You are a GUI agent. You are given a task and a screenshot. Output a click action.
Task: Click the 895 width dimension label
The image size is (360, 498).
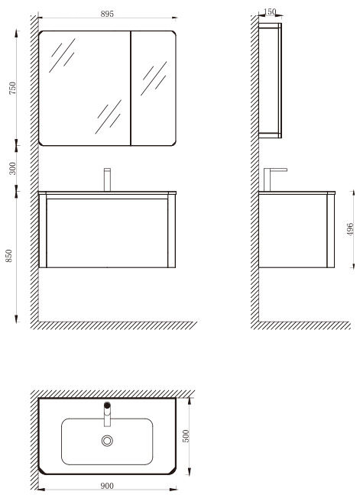click(x=107, y=14)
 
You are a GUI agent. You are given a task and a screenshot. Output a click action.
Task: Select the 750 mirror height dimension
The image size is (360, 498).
click(x=12, y=88)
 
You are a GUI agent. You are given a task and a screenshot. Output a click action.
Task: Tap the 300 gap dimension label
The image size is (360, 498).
click(x=12, y=168)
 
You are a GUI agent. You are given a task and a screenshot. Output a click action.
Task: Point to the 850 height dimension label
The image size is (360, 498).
click(x=9, y=256)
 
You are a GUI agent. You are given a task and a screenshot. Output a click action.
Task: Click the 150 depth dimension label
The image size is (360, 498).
click(x=270, y=11)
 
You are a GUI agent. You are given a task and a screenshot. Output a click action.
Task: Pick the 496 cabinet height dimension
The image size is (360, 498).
click(x=350, y=229)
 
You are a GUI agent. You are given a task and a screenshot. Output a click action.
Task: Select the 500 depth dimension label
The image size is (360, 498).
click(x=186, y=436)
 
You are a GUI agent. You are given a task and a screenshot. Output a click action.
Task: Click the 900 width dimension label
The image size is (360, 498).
click(x=107, y=486)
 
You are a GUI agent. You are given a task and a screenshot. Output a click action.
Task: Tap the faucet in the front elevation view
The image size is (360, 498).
click(x=108, y=179)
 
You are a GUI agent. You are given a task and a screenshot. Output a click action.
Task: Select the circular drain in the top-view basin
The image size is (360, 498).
click(x=108, y=441)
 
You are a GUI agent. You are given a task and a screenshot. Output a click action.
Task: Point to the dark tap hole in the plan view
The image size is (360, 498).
click(x=108, y=405)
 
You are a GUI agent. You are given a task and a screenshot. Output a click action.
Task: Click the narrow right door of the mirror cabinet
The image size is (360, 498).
click(x=154, y=89)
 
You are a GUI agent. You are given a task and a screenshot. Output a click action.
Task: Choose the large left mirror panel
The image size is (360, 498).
click(x=84, y=89)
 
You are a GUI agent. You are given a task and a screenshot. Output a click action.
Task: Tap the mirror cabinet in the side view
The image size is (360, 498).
click(x=270, y=81)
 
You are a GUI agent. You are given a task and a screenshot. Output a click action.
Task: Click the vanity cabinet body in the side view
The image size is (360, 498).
click(x=297, y=231)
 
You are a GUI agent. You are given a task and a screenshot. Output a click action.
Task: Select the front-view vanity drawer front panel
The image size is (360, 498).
click(x=108, y=233)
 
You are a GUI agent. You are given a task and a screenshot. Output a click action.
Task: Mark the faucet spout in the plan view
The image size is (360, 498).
click(x=108, y=417)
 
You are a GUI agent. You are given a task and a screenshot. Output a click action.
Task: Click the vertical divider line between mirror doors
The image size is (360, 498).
click(x=131, y=89)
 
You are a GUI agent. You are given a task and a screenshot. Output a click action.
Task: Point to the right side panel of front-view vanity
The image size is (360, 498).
click(x=171, y=231)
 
